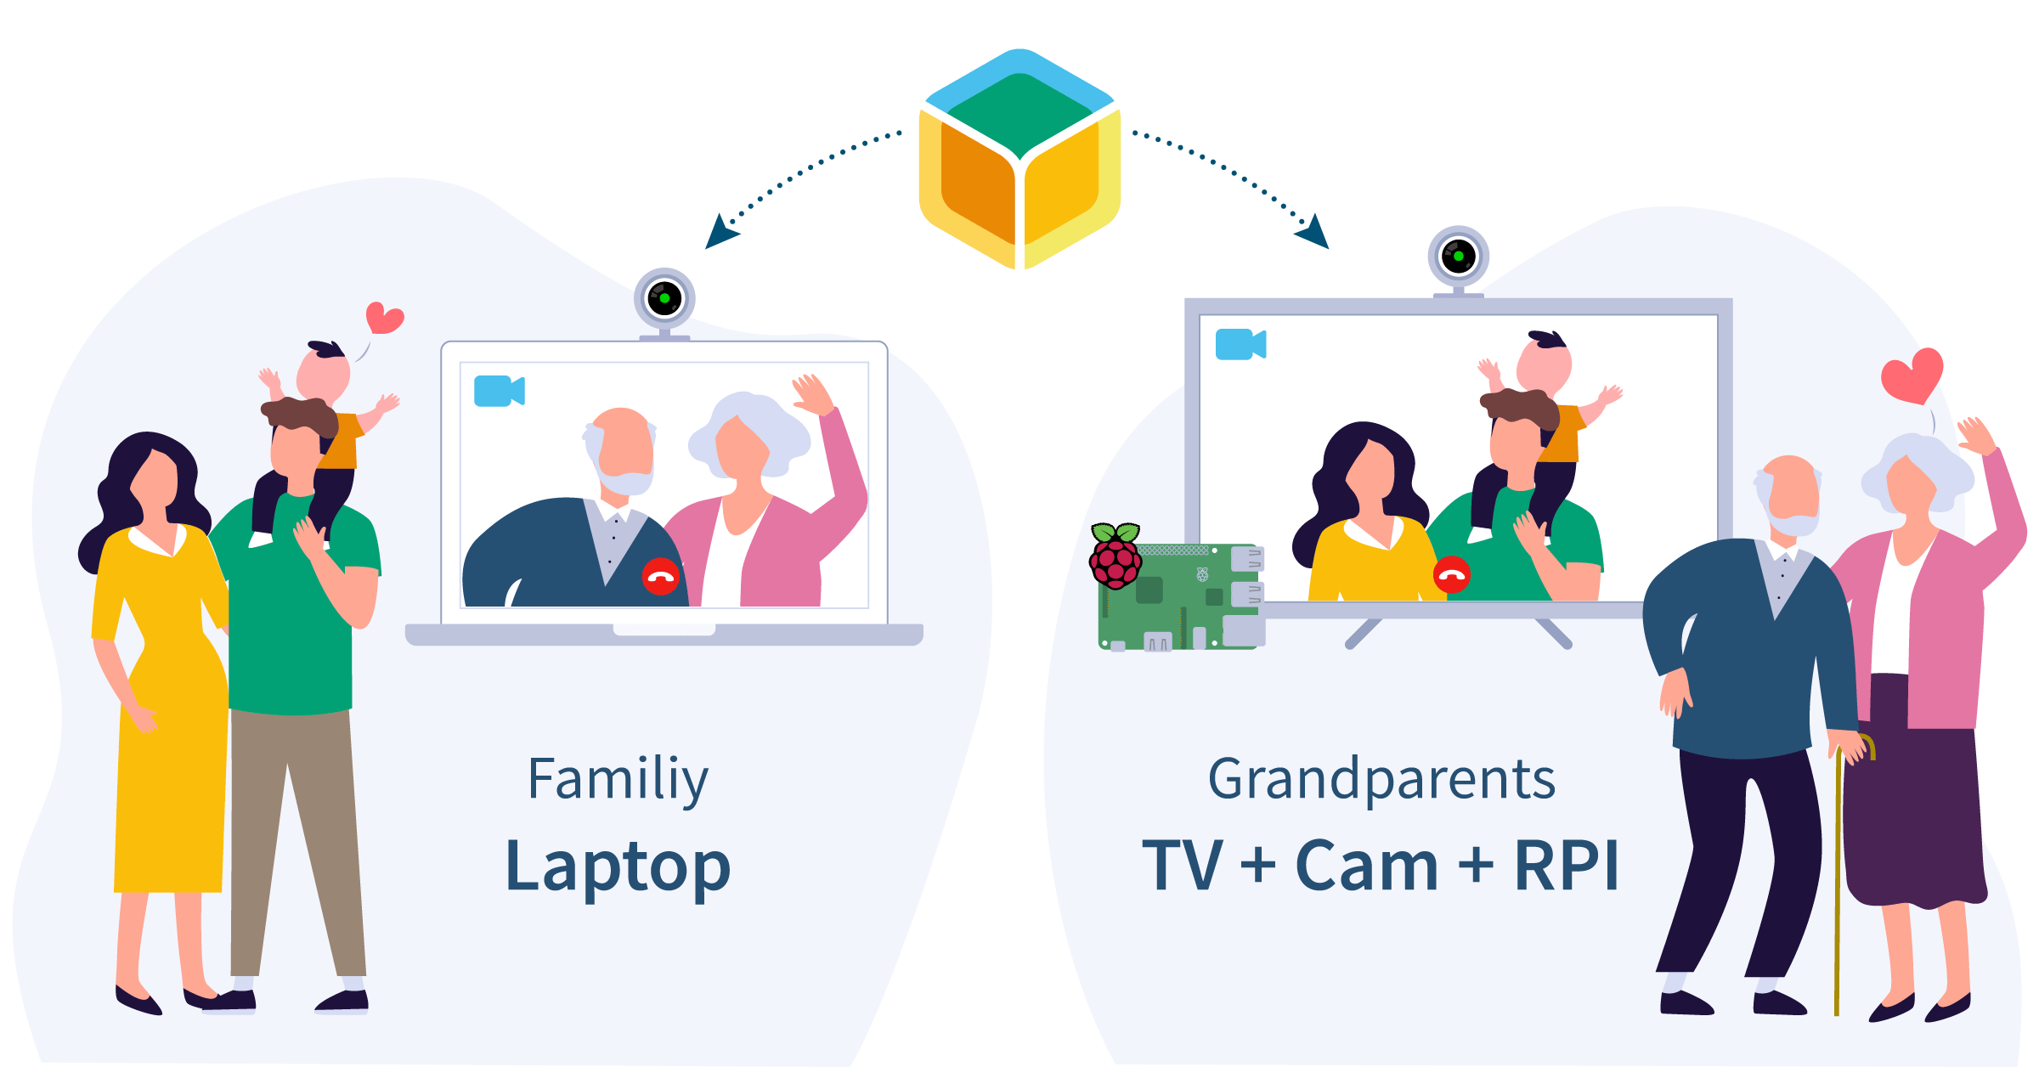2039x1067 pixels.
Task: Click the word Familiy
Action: (x=618, y=780)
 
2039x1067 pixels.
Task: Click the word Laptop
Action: (x=618, y=867)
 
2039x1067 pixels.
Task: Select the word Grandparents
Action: (x=1381, y=780)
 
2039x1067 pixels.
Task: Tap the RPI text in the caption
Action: (x=1567, y=867)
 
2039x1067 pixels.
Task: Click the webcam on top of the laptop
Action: (x=664, y=299)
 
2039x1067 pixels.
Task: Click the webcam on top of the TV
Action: (x=1458, y=257)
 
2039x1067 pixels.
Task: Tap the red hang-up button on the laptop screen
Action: (x=660, y=577)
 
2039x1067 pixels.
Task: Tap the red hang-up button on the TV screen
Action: (x=1451, y=575)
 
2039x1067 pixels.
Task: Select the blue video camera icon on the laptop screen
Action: (x=499, y=391)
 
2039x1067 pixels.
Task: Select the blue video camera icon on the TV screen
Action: (x=1240, y=344)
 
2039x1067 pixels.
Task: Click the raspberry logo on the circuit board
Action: (x=1116, y=556)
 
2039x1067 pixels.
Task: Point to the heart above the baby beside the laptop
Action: (x=384, y=318)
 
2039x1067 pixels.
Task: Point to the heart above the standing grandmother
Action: (x=1912, y=375)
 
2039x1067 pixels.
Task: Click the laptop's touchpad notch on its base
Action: (x=664, y=629)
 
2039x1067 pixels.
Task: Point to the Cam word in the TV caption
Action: (x=1366, y=867)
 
